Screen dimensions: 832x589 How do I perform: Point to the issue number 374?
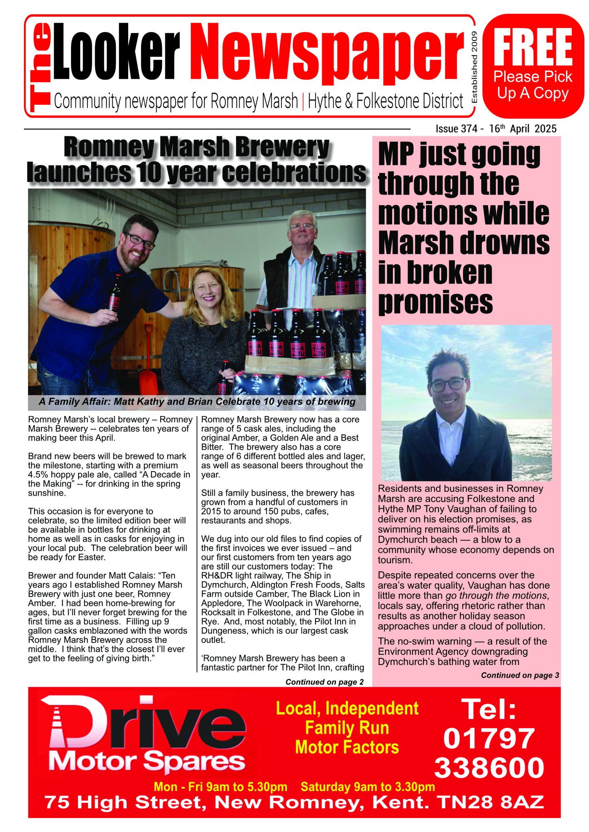469,129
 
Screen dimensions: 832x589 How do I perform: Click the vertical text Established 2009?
473,67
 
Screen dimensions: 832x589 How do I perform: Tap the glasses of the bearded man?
140,240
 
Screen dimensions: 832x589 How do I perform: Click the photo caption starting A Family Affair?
197,402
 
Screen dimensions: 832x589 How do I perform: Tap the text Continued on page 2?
324,682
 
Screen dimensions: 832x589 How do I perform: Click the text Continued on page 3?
520,675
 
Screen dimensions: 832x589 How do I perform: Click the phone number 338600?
489,767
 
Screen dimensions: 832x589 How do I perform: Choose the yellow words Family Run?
347,728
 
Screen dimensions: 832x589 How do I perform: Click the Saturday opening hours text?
368,786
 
